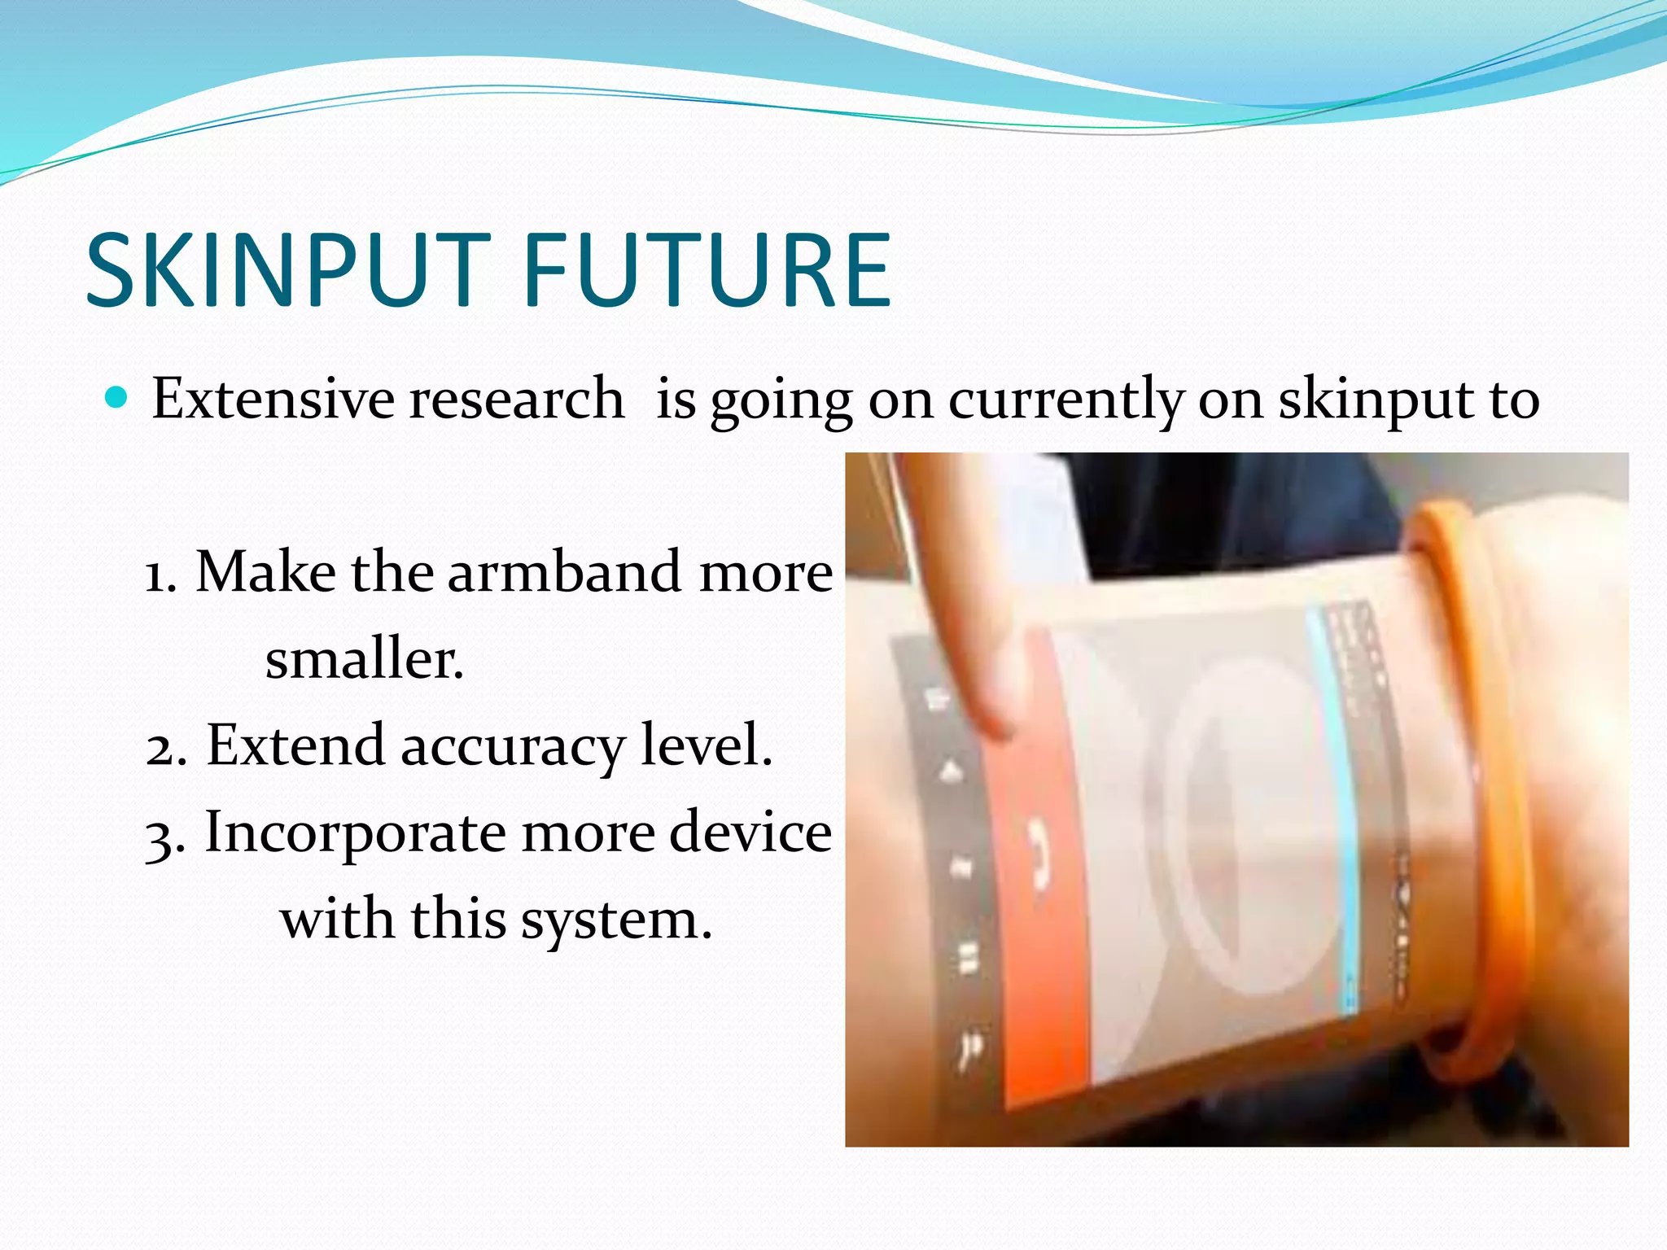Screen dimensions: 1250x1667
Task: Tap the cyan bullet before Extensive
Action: coord(118,398)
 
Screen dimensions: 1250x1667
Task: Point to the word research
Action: coord(516,399)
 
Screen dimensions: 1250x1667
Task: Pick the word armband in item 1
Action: coord(566,571)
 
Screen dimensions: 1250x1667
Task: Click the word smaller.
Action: coord(364,658)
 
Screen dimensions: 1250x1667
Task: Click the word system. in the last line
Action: coord(616,920)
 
